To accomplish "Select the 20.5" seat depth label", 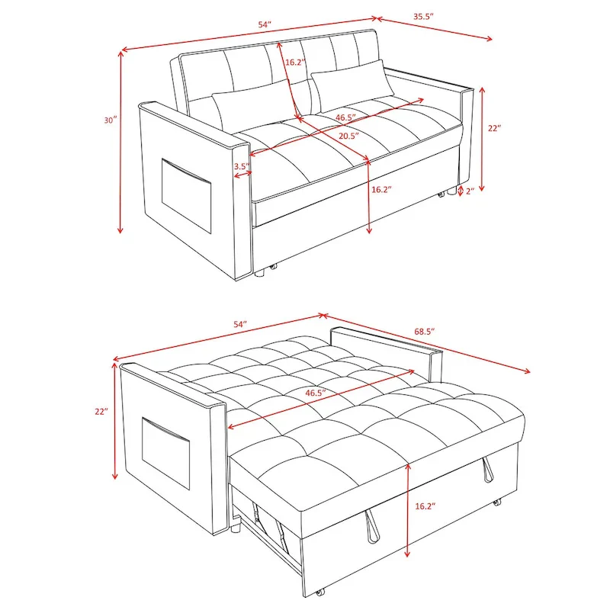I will (348, 135).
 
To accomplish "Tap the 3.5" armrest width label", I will (241, 165).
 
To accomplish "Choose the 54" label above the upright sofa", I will (265, 24).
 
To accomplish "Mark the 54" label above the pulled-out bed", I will (240, 325).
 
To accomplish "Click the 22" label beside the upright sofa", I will (493, 129).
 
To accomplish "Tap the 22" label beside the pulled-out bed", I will (101, 411).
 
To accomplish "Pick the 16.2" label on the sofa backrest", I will (296, 62).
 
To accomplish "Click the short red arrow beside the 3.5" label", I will (243, 175).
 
